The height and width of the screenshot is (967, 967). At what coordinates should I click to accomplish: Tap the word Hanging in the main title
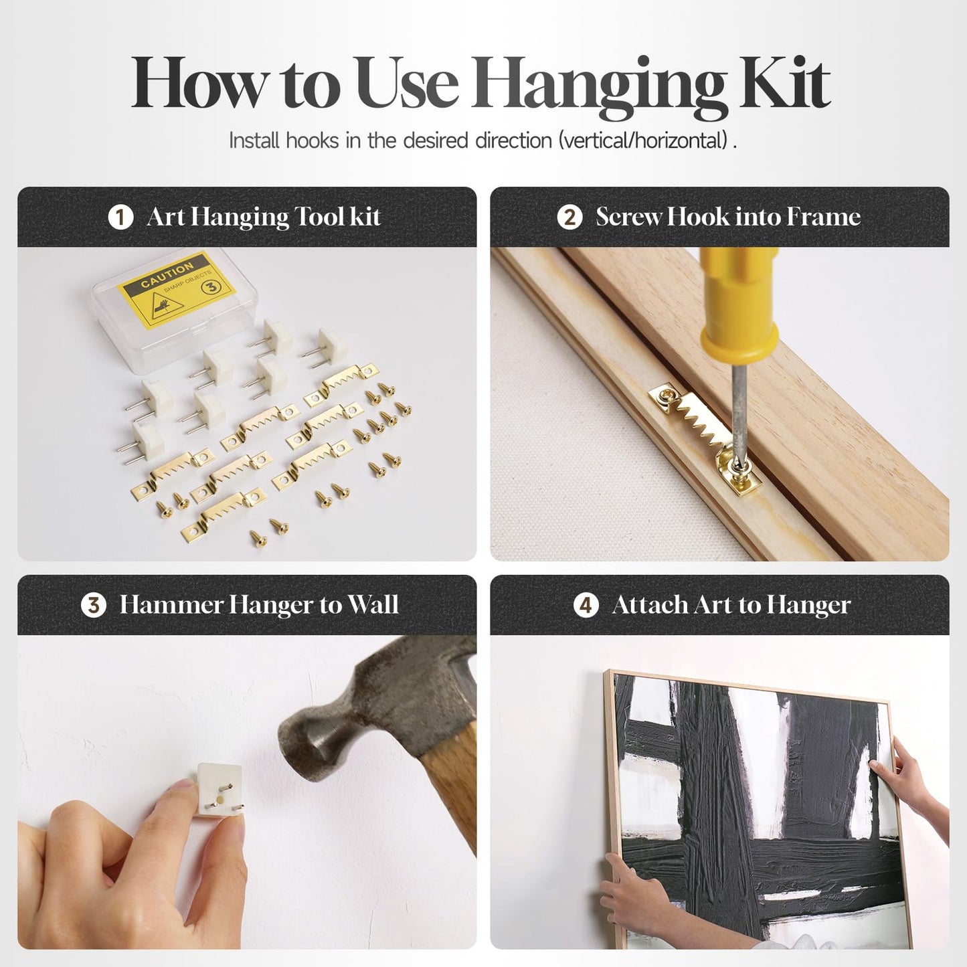point(600,87)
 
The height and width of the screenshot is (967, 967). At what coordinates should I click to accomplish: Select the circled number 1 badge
point(120,217)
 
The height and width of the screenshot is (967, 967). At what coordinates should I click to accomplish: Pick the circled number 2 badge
point(569,217)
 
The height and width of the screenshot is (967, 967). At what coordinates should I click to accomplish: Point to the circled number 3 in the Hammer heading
point(94,605)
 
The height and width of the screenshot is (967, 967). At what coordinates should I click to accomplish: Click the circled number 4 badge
point(586,605)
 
